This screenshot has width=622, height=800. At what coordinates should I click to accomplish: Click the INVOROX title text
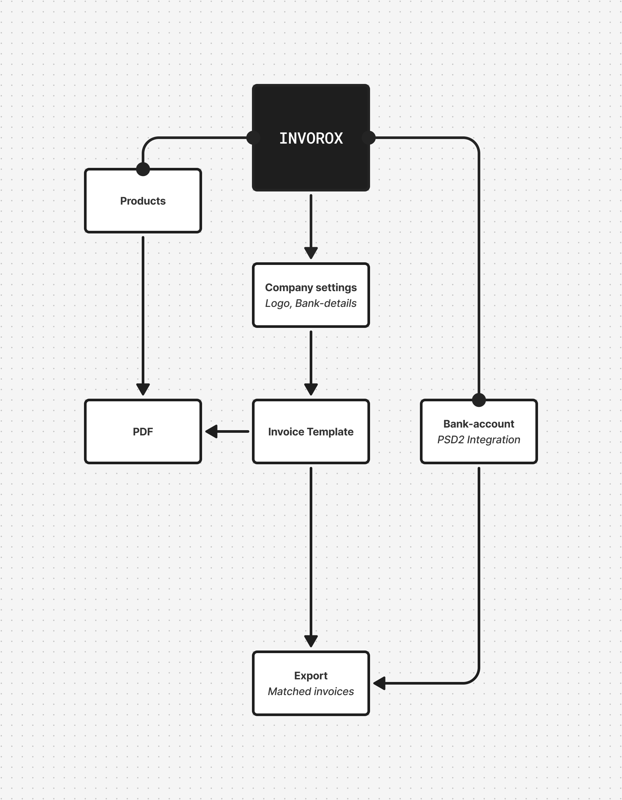coord(311,138)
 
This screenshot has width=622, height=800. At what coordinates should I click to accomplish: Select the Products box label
coord(143,201)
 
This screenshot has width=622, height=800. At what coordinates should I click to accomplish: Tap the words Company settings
coord(311,288)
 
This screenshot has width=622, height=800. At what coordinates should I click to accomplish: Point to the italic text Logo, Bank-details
coord(311,303)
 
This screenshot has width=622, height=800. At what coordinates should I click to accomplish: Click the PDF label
coord(143,431)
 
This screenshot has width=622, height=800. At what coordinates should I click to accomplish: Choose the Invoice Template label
coord(311,431)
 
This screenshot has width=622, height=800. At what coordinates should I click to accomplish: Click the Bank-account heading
coord(479,424)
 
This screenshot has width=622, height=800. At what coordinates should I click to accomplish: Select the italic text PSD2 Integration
coord(479,440)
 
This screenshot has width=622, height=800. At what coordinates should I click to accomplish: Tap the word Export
coord(311,675)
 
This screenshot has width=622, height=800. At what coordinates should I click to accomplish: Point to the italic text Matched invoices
coord(311,691)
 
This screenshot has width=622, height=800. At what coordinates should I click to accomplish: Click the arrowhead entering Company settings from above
coord(311,252)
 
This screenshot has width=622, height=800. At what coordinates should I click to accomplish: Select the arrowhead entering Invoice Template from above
coord(311,389)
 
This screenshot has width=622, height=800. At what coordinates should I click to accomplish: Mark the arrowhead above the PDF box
coord(143,389)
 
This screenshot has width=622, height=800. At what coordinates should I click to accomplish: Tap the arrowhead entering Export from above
coord(311,641)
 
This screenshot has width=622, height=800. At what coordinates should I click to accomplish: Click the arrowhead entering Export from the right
coord(380,683)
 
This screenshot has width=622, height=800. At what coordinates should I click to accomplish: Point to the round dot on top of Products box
coord(143,169)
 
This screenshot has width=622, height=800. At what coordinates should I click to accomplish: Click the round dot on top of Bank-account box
coord(479,400)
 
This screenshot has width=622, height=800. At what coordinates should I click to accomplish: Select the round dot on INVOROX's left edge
coord(253,138)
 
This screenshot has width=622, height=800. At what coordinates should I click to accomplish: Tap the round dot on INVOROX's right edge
coord(369,138)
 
